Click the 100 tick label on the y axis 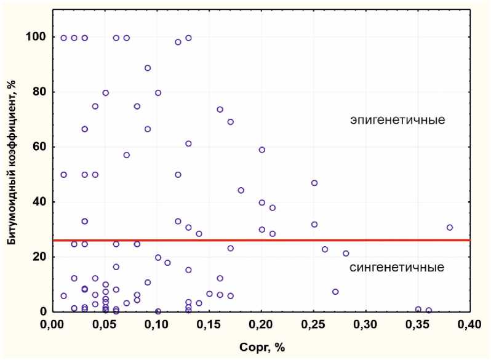[36, 37]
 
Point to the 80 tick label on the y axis [39, 92]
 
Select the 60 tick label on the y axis [39, 147]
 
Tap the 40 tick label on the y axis [39, 202]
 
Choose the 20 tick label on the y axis [39, 257]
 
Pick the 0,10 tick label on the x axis [156, 324]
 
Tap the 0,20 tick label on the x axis [261, 324]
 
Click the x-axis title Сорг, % [261, 348]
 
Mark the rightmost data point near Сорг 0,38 [450, 227]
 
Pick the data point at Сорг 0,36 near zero [429, 311]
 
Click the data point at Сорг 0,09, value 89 [148, 68]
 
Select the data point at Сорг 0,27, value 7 [335, 292]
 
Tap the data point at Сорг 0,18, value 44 [241, 190]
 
